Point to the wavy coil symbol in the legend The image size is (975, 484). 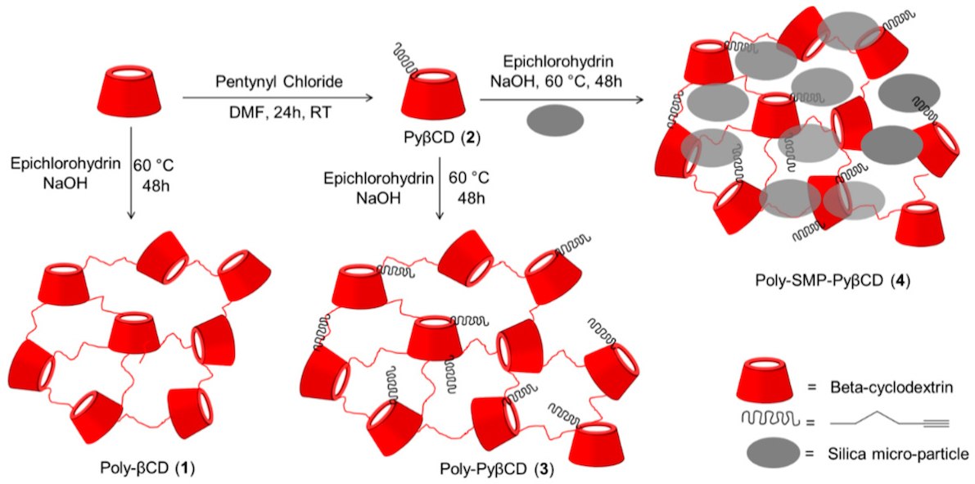click(x=766, y=419)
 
